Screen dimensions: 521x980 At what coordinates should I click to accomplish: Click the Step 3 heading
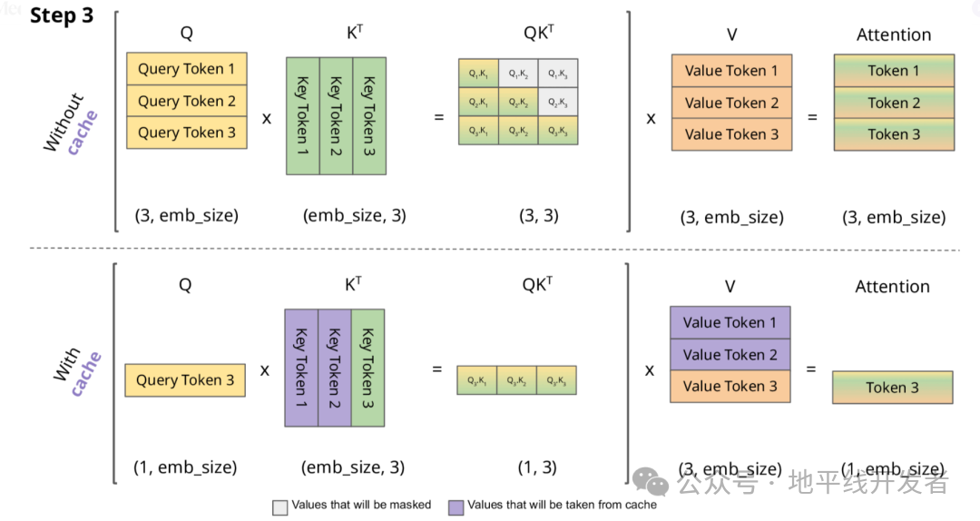coord(62,16)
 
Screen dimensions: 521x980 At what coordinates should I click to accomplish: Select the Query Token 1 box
coord(186,69)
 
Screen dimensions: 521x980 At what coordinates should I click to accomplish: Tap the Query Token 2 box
coord(186,101)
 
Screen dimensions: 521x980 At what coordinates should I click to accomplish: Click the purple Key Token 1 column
coord(301,368)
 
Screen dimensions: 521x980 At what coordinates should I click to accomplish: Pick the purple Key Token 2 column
coord(334,368)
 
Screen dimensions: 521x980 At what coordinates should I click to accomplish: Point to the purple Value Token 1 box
coord(730,322)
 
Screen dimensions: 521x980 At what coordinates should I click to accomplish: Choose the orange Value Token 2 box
coord(731,103)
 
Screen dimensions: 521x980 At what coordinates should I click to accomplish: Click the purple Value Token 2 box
coord(730,354)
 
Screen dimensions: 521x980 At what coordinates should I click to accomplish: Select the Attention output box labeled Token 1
coord(894,71)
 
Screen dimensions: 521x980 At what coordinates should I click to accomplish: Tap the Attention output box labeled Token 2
coord(894,103)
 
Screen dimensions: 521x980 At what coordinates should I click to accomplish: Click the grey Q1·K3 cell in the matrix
coord(558,73)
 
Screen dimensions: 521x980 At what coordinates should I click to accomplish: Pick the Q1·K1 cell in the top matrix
coord(478,73)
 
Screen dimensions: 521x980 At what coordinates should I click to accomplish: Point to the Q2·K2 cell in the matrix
coord(518,102)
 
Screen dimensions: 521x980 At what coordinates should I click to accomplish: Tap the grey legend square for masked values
coord(279,506)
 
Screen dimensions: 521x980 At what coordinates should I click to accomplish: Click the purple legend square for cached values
coord(456,506)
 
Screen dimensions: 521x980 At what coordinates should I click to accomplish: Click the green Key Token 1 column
coord(302,115)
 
